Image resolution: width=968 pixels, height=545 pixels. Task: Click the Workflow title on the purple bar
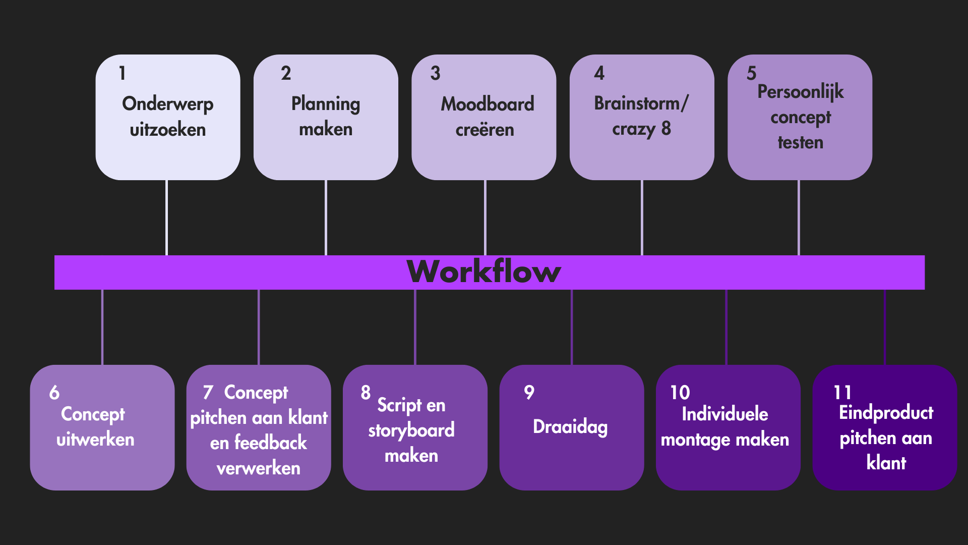click(x=483, y=271)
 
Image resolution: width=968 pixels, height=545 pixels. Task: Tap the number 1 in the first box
click(x=122, y=73)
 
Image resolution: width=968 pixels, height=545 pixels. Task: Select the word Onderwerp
click(x=168, y=104)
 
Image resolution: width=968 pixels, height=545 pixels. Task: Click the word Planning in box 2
click(x=326, y=104)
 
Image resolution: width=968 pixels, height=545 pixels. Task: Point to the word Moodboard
click(x=488, y=104)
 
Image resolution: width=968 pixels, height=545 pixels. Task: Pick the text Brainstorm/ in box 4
click(x=641, y=103)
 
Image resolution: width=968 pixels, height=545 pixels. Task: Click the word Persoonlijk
click(x=801, y=92)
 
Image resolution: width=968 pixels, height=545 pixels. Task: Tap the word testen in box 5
click(x=801, y=142)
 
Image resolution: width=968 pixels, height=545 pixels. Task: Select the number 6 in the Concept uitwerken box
click(x=54, y=393)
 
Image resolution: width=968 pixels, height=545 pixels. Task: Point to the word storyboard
click(x=411, y=430)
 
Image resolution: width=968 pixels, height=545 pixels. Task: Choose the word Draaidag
click(x=570, y=427)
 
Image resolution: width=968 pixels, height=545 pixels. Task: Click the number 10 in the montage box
click(x=680, y=393)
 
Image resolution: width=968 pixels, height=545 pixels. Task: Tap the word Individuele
click(x=725, y=414)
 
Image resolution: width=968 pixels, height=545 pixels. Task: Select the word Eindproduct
click(x=886, y=413)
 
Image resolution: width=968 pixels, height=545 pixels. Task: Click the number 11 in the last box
click(x=842, y=393)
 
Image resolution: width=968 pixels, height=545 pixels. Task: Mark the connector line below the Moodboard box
click(x=485, y=217)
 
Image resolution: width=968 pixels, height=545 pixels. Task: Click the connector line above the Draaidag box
click(x=572, y=327)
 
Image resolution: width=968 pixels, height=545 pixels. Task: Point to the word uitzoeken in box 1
click(x=168, y=130)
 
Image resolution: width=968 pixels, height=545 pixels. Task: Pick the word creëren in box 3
click(x=485, y=130)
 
